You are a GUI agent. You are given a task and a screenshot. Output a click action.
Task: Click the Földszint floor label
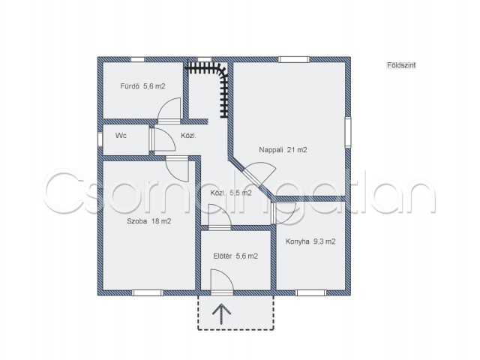tap(401, 65)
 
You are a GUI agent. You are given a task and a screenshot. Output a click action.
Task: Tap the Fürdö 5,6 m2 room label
tap(142, 86)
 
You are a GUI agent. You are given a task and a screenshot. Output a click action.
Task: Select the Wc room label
tap(121, 136)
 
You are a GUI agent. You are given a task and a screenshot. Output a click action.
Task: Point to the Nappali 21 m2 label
tap(283, 150)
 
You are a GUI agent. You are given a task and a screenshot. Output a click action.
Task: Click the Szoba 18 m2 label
tap(148, 221)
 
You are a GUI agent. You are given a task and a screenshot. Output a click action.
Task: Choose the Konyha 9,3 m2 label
tap(310, 241)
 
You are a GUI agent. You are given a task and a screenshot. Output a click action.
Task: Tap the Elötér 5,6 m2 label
tap(235, 256)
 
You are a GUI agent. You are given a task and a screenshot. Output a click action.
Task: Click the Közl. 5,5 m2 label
tap(231, 193)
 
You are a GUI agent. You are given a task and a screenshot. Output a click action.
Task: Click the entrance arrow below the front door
tap(221, 315)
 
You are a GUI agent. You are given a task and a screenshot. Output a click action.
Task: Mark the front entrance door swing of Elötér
tap(222, 282)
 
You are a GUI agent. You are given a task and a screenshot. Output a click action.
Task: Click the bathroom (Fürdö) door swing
tap(169, 110)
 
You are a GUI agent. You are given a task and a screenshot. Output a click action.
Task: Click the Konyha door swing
tap(283, 213)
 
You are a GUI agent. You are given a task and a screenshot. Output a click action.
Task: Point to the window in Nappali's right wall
tap(348, 132)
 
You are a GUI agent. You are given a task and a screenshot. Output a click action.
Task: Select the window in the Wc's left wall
tap(100, 139)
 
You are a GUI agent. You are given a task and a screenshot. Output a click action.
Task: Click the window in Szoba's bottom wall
tap(148, 293)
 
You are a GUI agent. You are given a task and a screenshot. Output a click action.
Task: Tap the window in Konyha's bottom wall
tap(311, 293)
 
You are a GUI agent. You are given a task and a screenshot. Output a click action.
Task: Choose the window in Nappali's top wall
tap(294, 59)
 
